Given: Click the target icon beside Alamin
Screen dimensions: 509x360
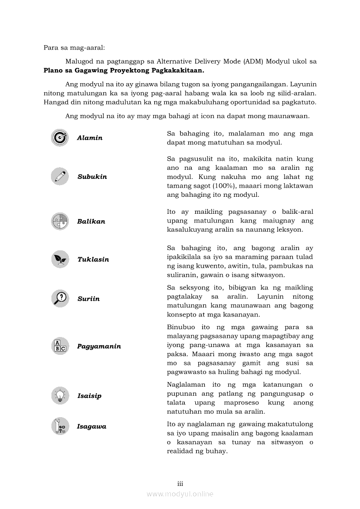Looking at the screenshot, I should (x=60, y=138).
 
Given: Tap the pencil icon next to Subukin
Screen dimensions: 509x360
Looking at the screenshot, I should (x=60, y=176).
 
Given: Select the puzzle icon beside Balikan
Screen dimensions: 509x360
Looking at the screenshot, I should (x=60, y=221).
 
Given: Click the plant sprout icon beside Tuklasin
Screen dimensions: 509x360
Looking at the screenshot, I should (x=60, y=259).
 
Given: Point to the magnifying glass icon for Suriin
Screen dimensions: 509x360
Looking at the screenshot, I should (x=60, y=299).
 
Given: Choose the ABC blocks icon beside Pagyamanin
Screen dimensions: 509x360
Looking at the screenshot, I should (x=60, y=346).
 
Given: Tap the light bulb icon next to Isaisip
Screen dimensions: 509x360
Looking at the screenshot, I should (x=60, y=395).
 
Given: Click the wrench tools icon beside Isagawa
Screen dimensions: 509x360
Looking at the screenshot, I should (x=60, y=426).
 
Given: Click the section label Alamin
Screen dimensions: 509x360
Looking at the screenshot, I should (x=90, y=138).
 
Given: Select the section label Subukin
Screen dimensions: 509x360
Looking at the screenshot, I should (x=92, y=177).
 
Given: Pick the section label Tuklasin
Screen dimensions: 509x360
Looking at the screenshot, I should (x=93, y=260).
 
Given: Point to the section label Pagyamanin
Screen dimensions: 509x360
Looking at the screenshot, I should (x=99, y=347).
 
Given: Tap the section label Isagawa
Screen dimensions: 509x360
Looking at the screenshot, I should (x=92, y=427).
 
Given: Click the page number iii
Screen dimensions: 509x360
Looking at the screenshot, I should (x=180, y=484).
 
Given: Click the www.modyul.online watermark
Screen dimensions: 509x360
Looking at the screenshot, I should (x=180, y=494).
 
